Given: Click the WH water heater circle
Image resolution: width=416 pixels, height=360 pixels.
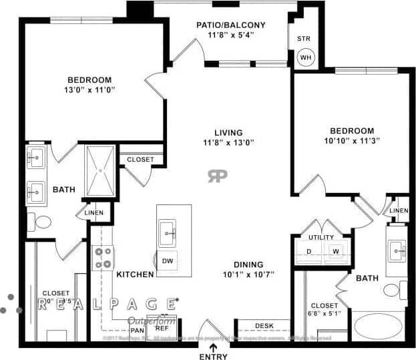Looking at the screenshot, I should pyautogui.click(x=305, y=57).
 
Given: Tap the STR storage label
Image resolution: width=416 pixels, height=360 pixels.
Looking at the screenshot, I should pyautogui.click(x=303, y=39).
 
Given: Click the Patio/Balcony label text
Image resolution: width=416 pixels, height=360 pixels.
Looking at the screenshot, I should pyautogui.click(x=231, y=25).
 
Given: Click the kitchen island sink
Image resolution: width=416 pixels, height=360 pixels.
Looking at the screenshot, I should pyautogui.click(x=168, y=234).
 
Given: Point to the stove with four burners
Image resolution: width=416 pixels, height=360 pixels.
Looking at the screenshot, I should pyautogui.click(x=103, y=258).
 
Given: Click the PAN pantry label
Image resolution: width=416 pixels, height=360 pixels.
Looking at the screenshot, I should pyautogui.click(x=138, y=330).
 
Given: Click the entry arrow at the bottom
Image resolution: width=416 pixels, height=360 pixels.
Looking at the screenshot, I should pyautogui.click(x=213, y=346).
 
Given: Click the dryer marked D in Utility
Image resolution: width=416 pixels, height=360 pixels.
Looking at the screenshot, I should pyautogui.click(x=308, y=251).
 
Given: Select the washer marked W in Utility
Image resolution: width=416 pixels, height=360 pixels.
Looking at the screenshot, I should pyautogui.click(x=335, y=251).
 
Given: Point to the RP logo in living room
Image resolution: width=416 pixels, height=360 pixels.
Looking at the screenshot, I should pyautogui.click(x=217, y=176).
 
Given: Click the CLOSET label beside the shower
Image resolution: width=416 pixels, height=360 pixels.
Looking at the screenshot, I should pyautogui.click(x=140, y=160).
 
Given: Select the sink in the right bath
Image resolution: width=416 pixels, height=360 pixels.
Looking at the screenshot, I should pyautogui.click(x=397, y=252).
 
